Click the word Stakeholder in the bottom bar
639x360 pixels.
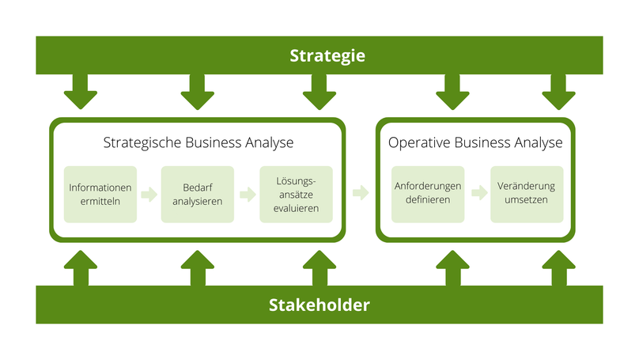(x=319, y=305)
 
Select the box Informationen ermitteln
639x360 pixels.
(x=100, y=194)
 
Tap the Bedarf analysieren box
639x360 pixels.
(x=198, y=194)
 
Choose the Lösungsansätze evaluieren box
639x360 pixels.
(x=297, y=194)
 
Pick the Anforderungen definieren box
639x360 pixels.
(x=428, y=194)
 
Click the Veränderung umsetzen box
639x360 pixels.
(x=527, y=194)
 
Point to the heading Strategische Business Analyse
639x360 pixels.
(x=199, y=143)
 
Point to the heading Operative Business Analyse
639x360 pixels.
(x=475, y=143)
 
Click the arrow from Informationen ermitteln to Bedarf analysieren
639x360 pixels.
(x=149, y=194)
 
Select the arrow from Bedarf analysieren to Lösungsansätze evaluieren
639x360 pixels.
(x=248, y=194)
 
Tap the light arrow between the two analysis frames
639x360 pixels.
(x=361, y=192)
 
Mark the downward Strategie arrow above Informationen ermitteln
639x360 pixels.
(x=80, y=93)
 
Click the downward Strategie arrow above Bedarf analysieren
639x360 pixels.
(x=197, y=93)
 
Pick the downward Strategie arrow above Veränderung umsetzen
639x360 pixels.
(x=558, y=93)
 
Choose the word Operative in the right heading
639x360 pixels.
(x=417, y=143)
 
